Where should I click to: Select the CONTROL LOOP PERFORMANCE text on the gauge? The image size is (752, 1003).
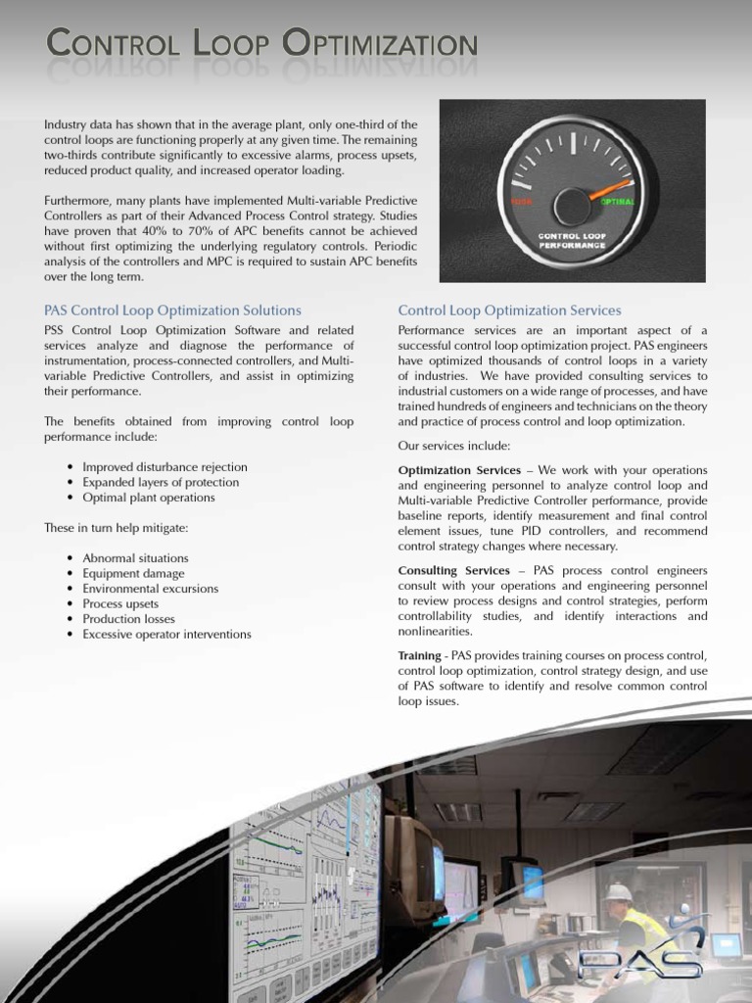click(571, 241)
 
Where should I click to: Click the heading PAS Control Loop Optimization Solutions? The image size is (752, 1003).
click(172, 310)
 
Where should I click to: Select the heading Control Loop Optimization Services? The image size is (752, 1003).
click(509, 310)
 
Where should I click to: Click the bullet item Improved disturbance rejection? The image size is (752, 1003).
click(164, 467)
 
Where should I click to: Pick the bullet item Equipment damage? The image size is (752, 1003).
click(133, 573)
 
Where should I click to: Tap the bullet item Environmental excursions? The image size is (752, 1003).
click(150, 589)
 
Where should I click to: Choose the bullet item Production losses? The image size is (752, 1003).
click(128, 619)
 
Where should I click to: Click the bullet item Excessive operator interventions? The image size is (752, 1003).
click(166, 635)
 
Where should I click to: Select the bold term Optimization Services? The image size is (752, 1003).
click(459, 470)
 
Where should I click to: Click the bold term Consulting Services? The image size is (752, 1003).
click(453, 570)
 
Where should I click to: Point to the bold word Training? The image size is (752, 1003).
click(419, 655)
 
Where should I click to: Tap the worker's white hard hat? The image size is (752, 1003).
click(618, 891)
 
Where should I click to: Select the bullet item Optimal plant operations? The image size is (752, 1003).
click(148, 498)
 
